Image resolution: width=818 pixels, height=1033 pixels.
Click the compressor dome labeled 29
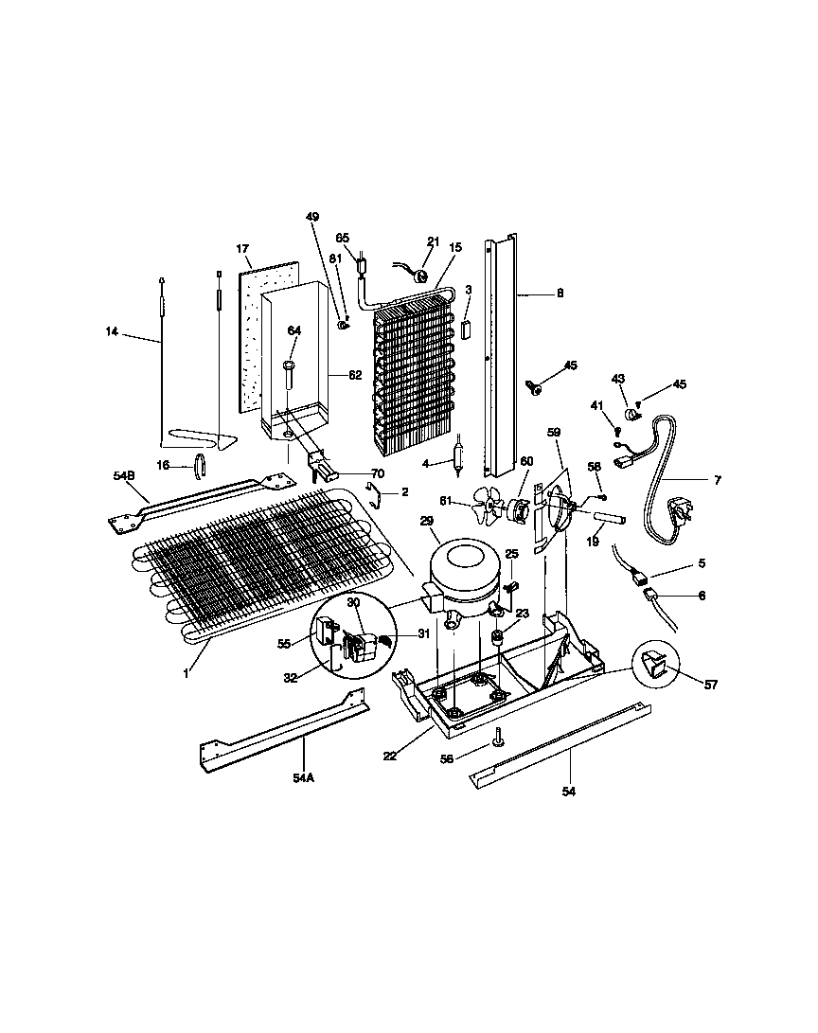tap(461, 566)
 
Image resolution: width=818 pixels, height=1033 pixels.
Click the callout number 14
tap(113, 331)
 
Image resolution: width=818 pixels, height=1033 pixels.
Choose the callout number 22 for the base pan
tap(390, 755)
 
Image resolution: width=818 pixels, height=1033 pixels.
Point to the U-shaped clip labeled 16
tap(200, 466)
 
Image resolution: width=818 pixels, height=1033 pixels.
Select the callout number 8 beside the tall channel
tap(560, 294)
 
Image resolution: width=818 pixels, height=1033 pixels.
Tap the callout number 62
tap(354, 375)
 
